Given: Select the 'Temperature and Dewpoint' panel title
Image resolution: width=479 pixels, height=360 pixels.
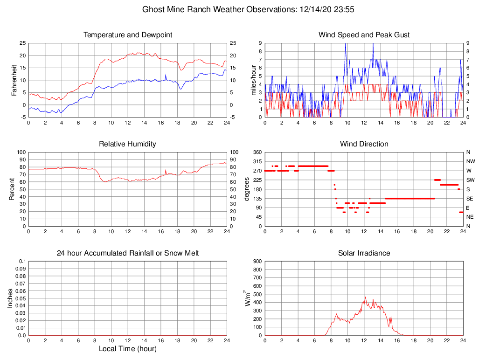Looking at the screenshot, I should coord(128,35).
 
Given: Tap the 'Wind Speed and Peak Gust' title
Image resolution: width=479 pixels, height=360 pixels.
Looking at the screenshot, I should coord(364,35).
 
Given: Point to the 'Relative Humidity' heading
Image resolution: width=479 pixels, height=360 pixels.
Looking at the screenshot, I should coord(128,144).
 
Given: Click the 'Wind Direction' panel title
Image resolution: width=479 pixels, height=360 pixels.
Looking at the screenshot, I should coord(364,144).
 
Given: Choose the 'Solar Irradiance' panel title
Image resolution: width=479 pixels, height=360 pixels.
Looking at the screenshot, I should coord(364,253).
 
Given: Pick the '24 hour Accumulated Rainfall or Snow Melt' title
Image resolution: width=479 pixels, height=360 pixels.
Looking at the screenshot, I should coord(128,253).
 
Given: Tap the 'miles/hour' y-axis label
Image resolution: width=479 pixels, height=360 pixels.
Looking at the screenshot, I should coord(254,80).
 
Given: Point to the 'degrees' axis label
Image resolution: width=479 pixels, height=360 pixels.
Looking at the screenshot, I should coord(246,189).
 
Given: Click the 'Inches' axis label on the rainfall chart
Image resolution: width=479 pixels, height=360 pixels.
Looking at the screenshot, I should coord(10,298).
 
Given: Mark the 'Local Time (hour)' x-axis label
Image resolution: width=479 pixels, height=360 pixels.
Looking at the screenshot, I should coord(128,349).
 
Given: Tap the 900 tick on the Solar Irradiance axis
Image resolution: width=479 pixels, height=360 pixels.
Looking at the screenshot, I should coord(257,261).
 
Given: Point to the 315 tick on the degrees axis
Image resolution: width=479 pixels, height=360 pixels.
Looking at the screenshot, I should coord(257,161).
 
